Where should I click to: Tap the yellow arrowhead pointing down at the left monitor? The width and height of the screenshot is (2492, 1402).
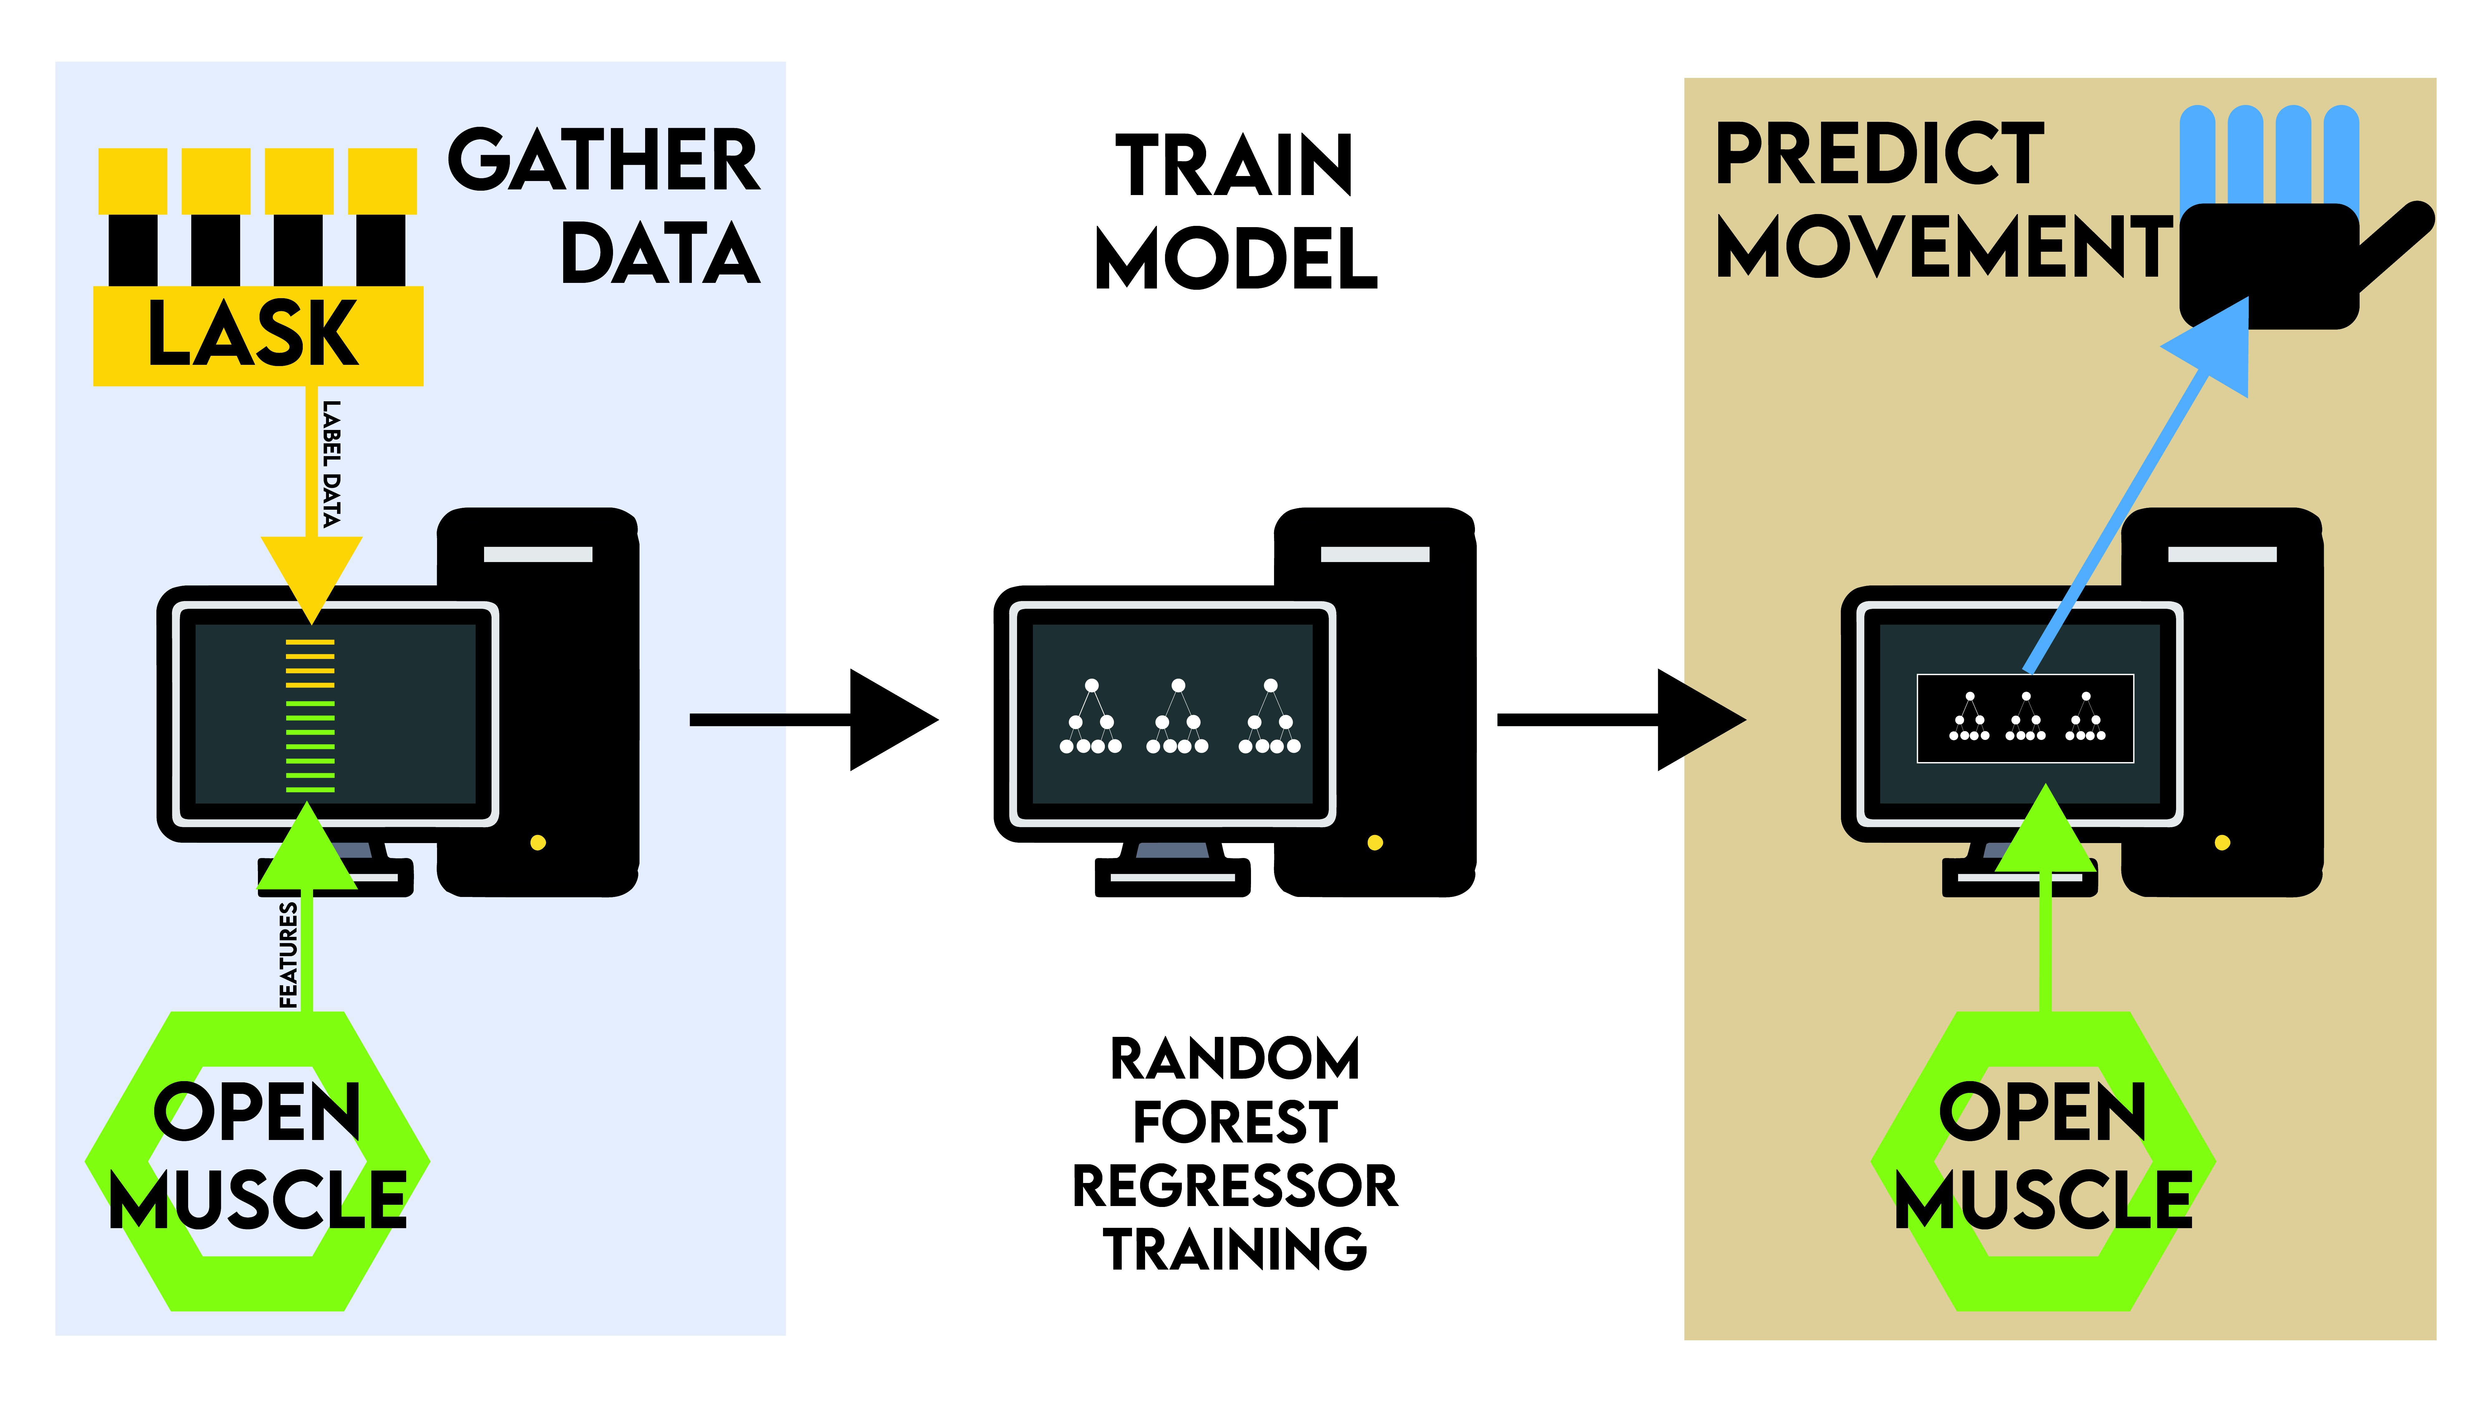click(x=311, y=579)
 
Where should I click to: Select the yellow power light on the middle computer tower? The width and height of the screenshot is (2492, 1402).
click(x=1375, y=843)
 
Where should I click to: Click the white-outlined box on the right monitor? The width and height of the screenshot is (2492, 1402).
click(x=2026, y=718)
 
